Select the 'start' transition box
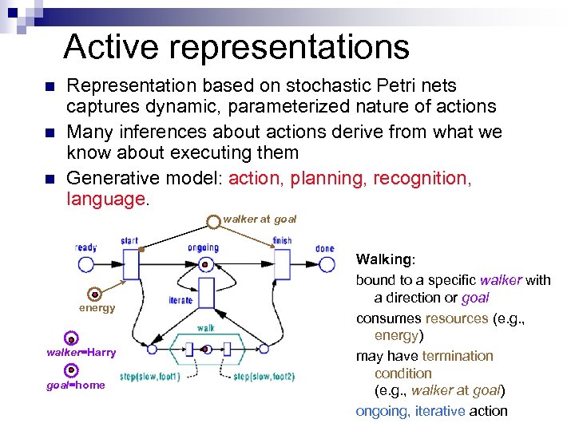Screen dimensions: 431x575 [131, 263]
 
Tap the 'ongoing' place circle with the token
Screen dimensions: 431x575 [205, 264]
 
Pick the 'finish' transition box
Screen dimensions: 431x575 [282, 263]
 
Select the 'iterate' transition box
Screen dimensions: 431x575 [205, 294]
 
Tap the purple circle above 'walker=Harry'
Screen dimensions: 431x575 [71, 339]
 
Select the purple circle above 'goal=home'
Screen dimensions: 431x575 [71, 370]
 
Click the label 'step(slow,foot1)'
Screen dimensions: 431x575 [149, 377]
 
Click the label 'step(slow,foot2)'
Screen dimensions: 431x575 [264, 377]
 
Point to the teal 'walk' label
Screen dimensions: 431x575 [205, 327]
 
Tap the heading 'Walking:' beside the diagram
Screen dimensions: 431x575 [386, 260]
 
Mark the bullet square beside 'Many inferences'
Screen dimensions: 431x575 [50, 132]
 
